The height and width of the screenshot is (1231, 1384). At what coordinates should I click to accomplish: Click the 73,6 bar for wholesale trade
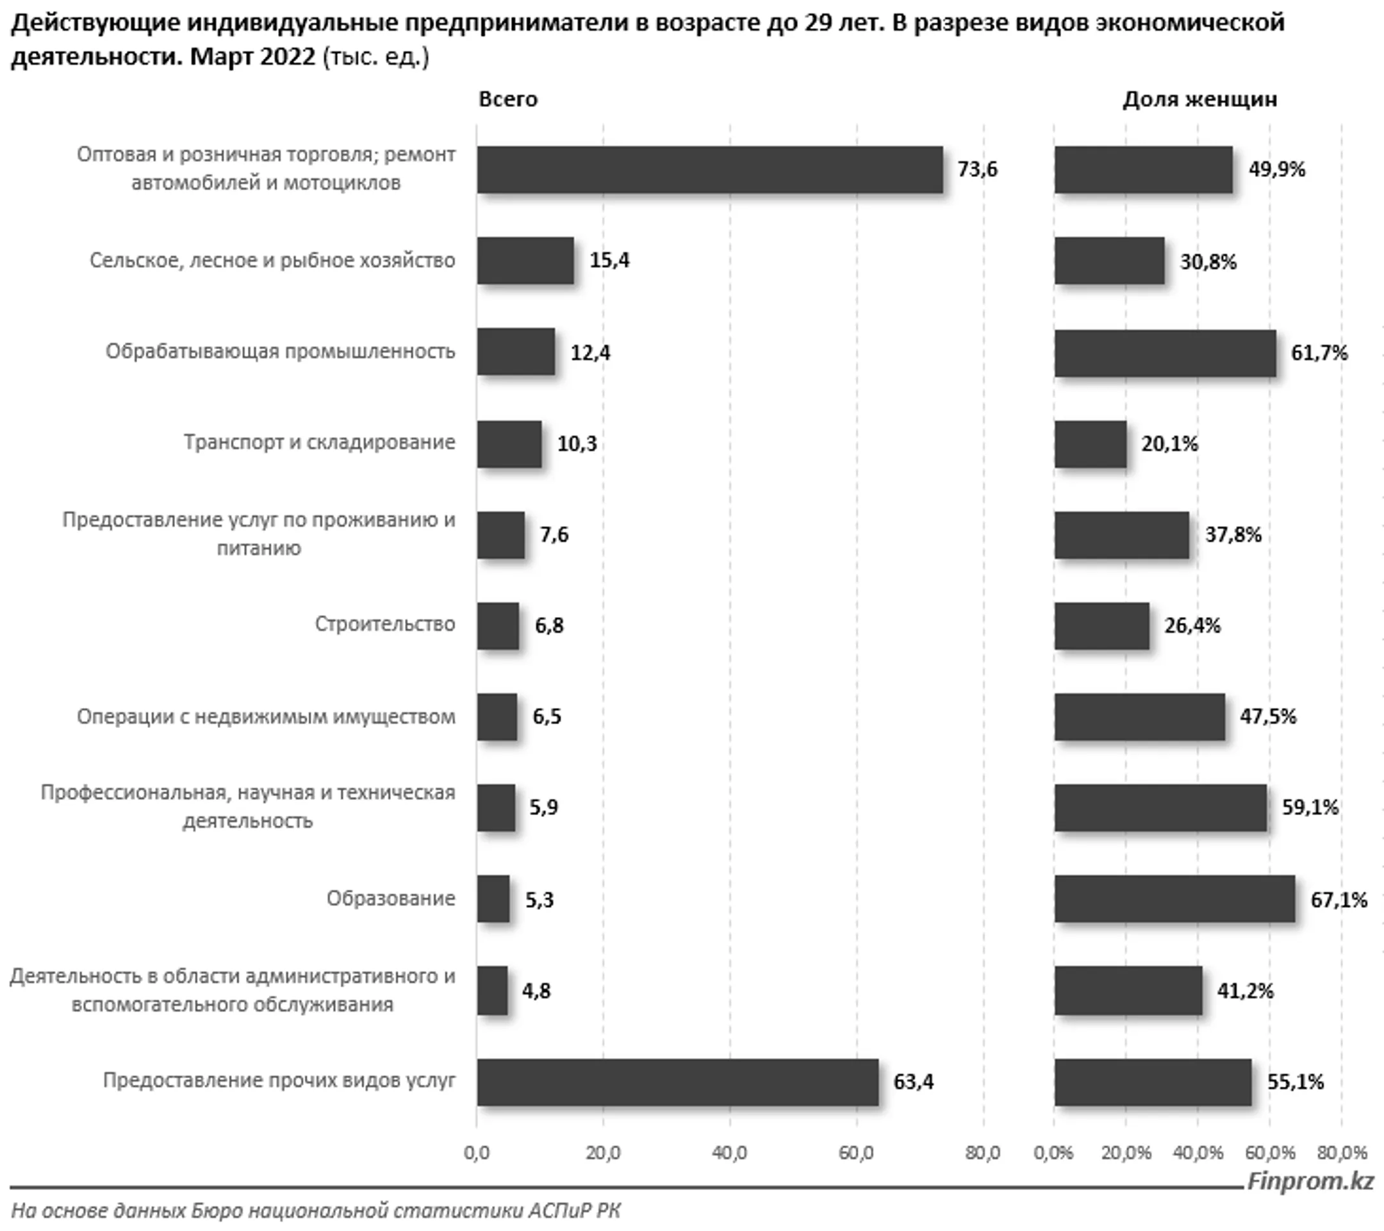click(709, 169)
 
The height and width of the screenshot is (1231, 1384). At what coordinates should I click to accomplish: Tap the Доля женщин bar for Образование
click(1174, 898)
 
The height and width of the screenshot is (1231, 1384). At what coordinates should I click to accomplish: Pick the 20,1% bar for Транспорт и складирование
click(1090, 443)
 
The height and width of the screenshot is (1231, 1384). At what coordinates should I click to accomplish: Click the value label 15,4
click(609, 260)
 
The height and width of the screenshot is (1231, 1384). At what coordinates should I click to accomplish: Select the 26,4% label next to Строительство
click(1192, 625)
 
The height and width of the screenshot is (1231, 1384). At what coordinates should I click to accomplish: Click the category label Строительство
click(384, 624)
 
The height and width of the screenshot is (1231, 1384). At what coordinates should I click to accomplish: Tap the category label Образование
click(391, 898)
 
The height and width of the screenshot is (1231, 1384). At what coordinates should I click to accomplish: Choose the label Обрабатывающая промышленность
click(279, 351)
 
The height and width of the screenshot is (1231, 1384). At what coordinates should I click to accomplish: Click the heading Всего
click(508, 99)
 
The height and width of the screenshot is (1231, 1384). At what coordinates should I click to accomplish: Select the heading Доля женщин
click(1200, 99)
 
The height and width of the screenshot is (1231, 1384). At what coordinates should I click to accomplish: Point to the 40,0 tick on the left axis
click(729, 1152)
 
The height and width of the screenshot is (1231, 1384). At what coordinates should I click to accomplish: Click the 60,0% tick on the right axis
click(1269, 1152)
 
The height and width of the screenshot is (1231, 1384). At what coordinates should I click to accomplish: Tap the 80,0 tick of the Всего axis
click(982, 1152)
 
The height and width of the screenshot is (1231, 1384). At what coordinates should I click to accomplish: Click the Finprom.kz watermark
click(1311, 1181)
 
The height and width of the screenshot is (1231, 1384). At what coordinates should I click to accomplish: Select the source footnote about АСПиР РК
click(315, 1210)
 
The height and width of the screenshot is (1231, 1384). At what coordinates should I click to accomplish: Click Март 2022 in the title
click(252, 56)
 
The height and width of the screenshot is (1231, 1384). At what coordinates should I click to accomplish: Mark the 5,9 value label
click(544, 807)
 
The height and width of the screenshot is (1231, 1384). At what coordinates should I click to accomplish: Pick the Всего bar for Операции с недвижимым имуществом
click(497, 716)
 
